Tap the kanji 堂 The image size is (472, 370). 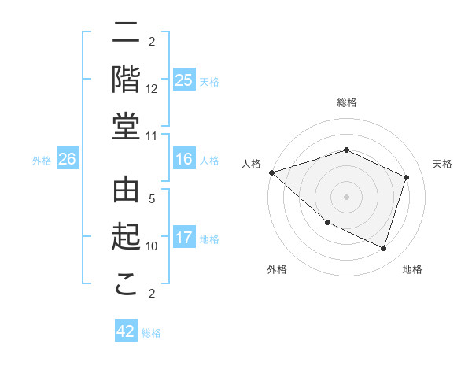point(127,127)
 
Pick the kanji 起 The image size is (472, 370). point(127,238)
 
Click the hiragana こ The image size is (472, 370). point(127,284)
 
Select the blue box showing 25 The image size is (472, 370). point(184,80)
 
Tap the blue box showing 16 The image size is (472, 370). point(184,159)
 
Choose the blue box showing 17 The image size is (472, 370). point(184,238)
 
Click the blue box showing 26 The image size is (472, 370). point(67,159)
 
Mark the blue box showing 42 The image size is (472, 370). point(126,331)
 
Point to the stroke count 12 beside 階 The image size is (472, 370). point(152,88)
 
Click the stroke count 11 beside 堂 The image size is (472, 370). point(152,135)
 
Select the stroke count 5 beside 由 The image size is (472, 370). point(152,200)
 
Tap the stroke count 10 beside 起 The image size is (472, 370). point(152,246)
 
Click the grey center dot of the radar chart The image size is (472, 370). point(346,196)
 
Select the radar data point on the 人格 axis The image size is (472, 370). point(271,172)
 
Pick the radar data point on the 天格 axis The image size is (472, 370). point(406,177)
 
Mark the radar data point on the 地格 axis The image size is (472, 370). point(383,249)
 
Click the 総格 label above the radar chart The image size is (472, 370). point(346,102)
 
